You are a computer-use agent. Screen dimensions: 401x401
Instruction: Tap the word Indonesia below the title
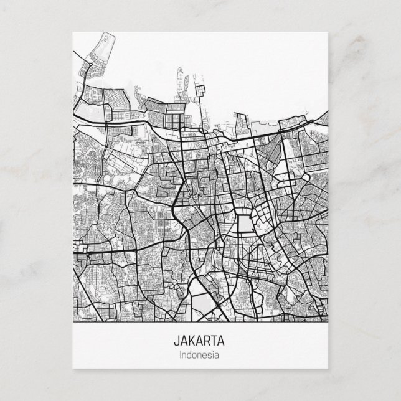pyautogui.click(x=200, y=356)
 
